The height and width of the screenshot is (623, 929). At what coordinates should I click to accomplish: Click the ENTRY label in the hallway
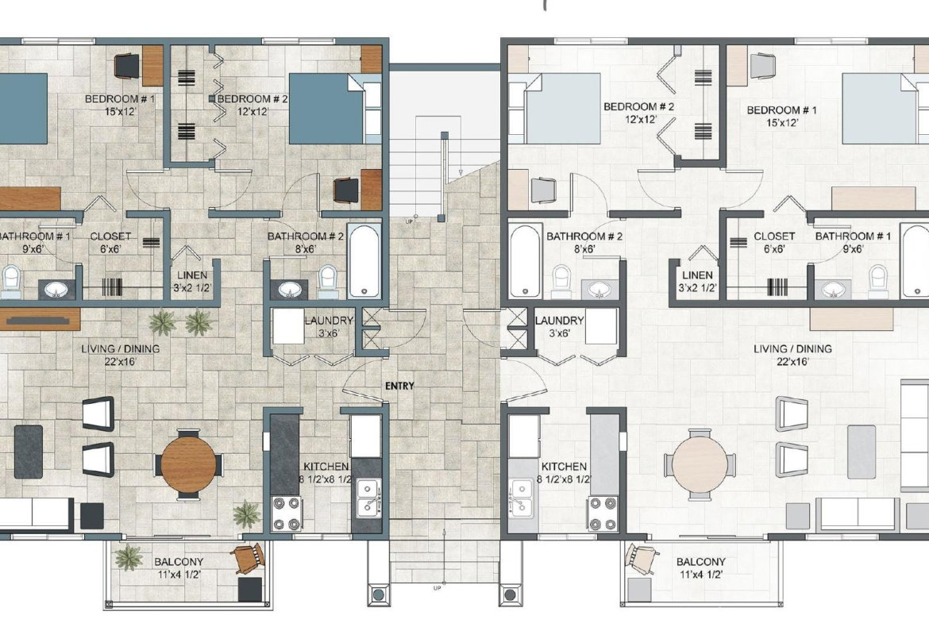point(399,386)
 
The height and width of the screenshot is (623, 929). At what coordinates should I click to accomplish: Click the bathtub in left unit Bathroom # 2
point(363,260)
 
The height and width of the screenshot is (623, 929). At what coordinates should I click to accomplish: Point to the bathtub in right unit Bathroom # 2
point(525,260)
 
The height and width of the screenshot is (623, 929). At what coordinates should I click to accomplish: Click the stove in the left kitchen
point(287,513)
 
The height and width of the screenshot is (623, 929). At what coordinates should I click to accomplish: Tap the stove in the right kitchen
point(603,513)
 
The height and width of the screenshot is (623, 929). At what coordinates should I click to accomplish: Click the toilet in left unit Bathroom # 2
point(328,281)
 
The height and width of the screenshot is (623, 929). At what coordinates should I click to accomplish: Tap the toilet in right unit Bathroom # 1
point(878,281)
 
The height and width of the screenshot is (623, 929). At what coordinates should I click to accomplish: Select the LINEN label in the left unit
point(193,275)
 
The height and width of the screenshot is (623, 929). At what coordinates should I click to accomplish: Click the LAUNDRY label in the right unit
point(559,321)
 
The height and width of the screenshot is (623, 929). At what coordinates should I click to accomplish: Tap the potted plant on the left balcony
point(129,557)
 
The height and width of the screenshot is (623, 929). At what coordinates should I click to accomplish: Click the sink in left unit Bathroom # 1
point(56,290)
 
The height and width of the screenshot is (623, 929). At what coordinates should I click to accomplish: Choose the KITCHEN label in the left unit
point(326,467)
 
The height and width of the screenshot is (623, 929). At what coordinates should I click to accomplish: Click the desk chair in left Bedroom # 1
point(126,65)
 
